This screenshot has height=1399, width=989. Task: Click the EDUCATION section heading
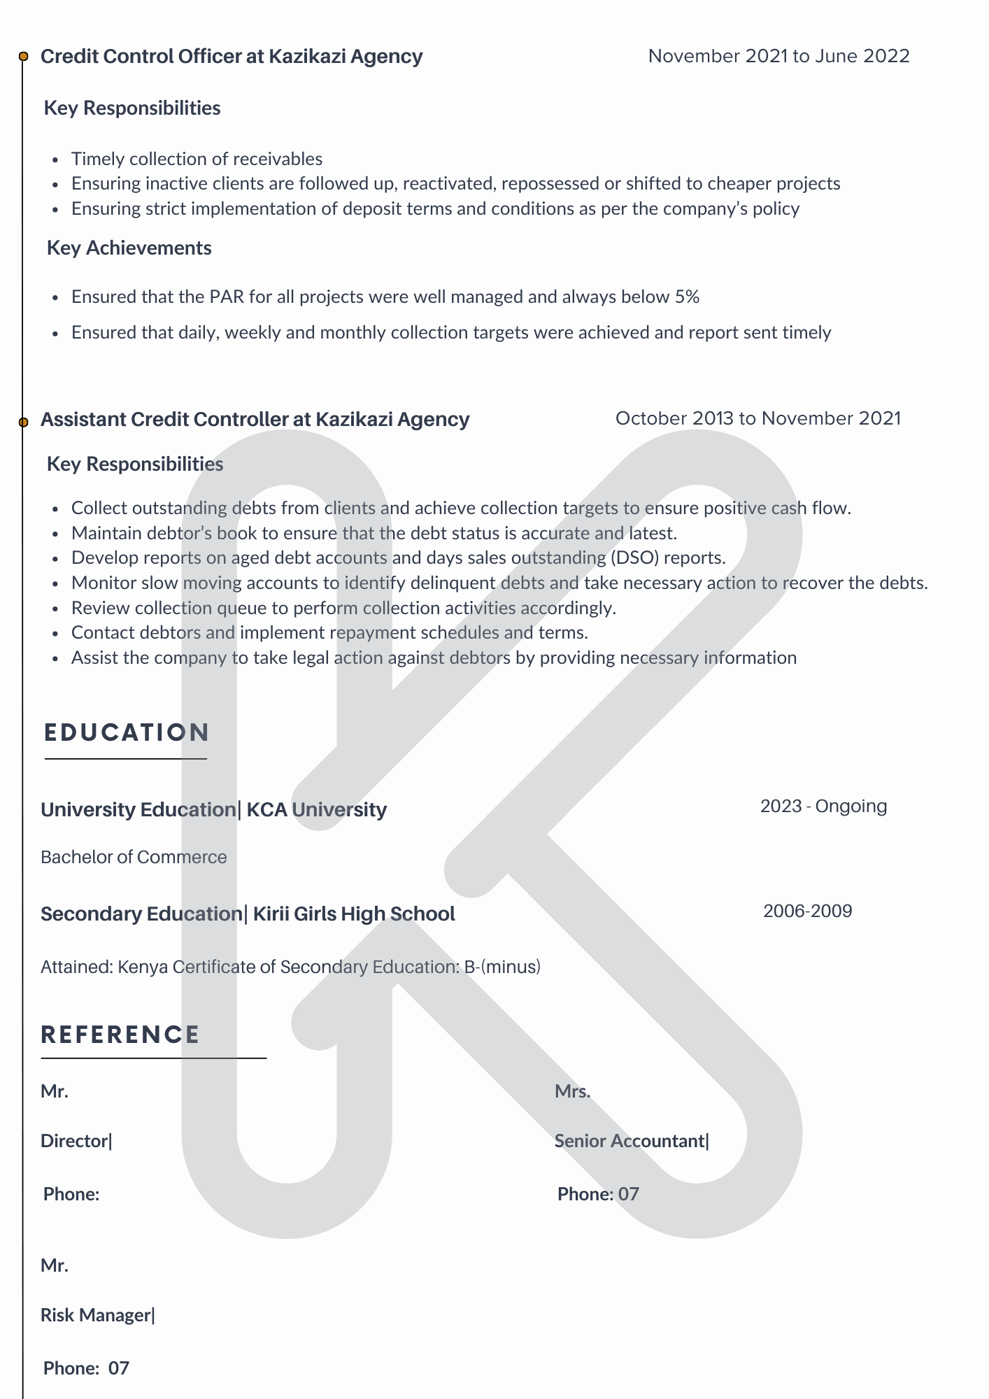point(127,732)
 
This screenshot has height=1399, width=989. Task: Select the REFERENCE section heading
point(120,1035)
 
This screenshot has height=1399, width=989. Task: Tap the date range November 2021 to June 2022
point(778,56)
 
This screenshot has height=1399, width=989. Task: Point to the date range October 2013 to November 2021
point(757,418)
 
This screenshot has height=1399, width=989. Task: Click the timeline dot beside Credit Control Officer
point(23,57)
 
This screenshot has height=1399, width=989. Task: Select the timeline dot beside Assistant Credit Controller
point(23,422)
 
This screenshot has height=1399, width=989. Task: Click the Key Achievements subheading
point(129,248)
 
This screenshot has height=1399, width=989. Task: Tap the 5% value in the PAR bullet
point(687,297)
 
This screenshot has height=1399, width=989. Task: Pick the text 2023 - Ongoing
point(823,806)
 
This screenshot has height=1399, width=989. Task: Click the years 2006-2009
point(807,911)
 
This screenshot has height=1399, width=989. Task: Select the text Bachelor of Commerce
point(134,857)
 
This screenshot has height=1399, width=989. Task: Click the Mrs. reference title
point(572,1091)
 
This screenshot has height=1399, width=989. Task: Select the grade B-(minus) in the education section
point(502,967)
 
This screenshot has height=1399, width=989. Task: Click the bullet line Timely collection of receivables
point(197,159)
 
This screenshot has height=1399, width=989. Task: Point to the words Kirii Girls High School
point(353,914)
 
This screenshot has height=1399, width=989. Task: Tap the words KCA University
point(316,809)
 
